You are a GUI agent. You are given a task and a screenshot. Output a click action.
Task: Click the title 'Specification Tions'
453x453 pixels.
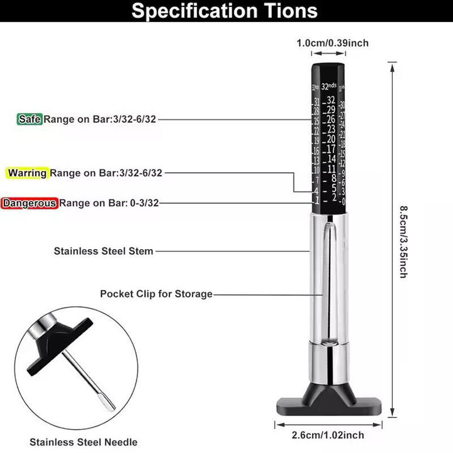[x=224, y=12]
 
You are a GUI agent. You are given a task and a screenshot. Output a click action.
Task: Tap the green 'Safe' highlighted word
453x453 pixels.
[x=29, y=119]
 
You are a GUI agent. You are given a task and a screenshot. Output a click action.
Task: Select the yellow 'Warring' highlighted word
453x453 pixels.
[x=28, y=173]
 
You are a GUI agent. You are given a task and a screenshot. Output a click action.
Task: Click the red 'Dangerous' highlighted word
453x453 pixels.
[x=30, y=203]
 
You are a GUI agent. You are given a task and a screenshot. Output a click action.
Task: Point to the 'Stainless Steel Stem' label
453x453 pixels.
[x=103, y=250]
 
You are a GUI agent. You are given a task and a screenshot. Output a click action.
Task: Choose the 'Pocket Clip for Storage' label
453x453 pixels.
[x=156, y=294]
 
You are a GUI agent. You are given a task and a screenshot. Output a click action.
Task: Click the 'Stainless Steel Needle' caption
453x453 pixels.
[x=83, y=442]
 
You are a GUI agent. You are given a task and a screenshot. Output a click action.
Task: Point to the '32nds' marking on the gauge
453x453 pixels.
[x=328, y=87]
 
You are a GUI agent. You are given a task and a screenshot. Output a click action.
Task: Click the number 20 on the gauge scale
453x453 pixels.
[x=331, y=139]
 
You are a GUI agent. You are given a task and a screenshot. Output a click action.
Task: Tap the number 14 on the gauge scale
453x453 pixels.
[x=331, y=159]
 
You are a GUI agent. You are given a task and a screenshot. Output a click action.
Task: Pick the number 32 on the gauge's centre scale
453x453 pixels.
[x=331, y=100]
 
